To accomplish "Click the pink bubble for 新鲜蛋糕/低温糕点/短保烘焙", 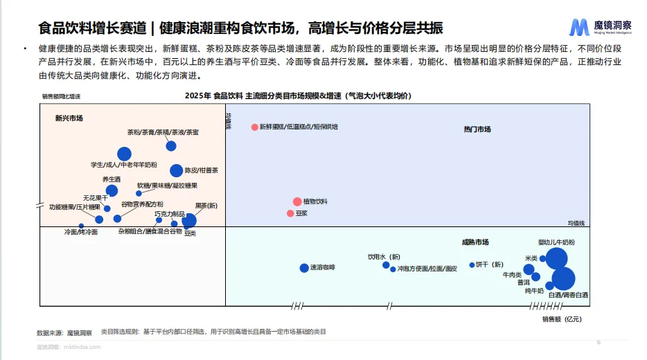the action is pyautogui.click(x=255, y=127).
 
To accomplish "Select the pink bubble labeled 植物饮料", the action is pyautogui.click(x=297, y=201).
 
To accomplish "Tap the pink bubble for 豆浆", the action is pyautogui.click(x=290, y=213).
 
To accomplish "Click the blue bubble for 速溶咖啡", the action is pyautogui.click(x=303, y=268).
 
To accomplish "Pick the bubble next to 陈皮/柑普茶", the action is pyautogui.click(x=176, y=170).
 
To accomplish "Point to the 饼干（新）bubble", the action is pyautogui.click(x=472, y=264).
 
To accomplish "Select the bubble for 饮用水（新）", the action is pyautogui.click(x=386, y=264).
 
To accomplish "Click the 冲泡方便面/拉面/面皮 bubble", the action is pyautogui.click(x=393, y=269).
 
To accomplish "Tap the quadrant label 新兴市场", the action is pyautogui.click(x=69, y=118).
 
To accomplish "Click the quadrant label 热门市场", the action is pyautogui.click(x=477, y=129).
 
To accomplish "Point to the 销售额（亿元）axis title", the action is pyautogui.click(x=561, y=319).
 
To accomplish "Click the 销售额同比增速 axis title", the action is pyautogui.click(x=61, y=96).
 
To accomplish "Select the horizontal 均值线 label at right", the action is pyautogui.click(x=576, y=223).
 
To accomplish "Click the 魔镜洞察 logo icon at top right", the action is pyautogui.click(x=579, y=27).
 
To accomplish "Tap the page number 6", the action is pyautogui.click(x=599, y=342).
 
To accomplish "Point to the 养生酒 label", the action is pyautogui.click(x=112, y=179).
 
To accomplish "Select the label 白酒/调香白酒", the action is pyautogui.click(x=568, y=295).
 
